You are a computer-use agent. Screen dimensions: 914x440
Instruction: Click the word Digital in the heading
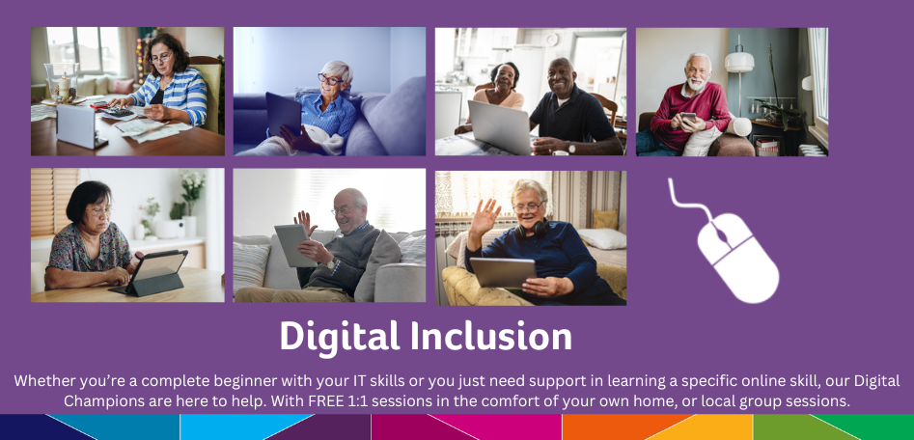click(x=340, y=336)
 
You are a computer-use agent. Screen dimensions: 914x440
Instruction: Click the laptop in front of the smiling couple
click(x=500, y=126)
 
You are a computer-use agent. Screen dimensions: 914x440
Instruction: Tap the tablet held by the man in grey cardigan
click(x=295, y=245)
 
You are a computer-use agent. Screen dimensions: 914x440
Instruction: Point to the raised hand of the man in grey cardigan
click(x=305, y=222)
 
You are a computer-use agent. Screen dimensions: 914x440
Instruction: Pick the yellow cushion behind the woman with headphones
click(x=605, y=219)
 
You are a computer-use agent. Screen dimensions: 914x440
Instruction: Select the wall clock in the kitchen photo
click(x=551, y=40)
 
